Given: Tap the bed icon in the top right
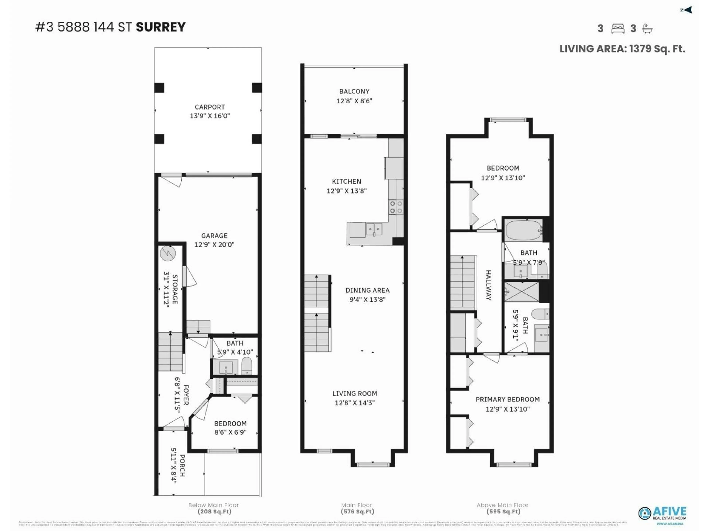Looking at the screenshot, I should [x=617, y=29].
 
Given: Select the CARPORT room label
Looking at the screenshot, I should [x=210, y=107].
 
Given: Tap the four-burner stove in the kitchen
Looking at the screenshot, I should [x=396, y=207].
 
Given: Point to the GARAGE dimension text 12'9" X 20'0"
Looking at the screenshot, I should [x=214, y=244].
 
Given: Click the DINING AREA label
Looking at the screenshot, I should [x=367, y=290].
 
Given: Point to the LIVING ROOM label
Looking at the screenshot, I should [x=354, y=393].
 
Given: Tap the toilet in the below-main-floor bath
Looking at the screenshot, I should [x=246, y=365].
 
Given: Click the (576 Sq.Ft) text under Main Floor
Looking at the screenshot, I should [x=357, y=511].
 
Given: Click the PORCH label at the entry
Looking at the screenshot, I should [x=182, y=466].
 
